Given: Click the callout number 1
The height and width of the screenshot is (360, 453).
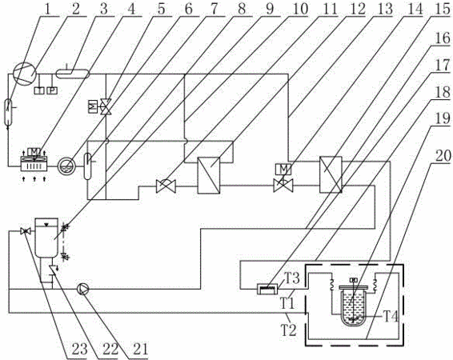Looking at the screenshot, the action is point(48,8).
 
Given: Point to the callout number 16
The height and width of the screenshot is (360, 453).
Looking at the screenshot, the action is point(442,38).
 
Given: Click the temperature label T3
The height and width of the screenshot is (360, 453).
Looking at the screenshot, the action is point(293,278).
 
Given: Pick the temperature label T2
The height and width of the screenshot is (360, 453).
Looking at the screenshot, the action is point(289,330).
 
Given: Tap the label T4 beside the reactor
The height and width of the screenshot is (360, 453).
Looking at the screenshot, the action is point(391,317).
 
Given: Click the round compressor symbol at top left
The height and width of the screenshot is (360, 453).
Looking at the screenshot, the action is point(25,74).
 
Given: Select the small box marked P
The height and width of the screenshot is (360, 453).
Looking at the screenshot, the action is point(52,90).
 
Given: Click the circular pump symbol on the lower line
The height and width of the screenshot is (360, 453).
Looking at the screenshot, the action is point(83,289).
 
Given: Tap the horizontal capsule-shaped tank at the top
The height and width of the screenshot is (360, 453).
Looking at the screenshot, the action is point(72,74).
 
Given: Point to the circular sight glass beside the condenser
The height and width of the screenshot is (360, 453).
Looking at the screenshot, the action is point(66,166).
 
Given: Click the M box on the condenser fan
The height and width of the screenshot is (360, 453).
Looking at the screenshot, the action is point(34,151).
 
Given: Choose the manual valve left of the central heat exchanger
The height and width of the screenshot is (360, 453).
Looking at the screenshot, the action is point(166,186).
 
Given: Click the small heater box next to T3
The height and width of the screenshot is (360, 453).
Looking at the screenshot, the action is point(267,289).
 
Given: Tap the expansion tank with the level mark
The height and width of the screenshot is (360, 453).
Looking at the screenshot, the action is point(46,237).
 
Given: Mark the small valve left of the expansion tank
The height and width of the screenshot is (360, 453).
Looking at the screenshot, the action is point(26,231).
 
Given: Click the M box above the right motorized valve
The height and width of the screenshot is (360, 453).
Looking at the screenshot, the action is point(283,169).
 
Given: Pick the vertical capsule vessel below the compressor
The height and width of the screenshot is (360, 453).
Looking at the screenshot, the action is point(8,112).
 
